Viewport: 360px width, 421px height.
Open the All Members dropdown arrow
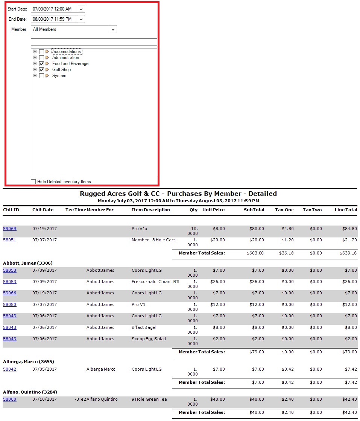coord(113,29)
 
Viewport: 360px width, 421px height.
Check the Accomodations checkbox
coord(42,52)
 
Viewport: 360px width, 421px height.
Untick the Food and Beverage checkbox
coord(42,64)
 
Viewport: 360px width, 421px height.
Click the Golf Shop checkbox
coord(42,70)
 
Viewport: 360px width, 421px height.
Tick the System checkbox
coord(42,76)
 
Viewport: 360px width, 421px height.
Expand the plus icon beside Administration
coord(35,58)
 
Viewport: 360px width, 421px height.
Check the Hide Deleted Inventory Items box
coord(33,182)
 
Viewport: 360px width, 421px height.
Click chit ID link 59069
coord(9,229)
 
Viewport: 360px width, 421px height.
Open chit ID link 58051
coord(9,240)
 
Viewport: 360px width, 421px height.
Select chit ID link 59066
coord(9,293)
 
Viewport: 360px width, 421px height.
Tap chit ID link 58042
coord(9,369)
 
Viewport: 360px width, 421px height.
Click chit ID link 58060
coord(9,399)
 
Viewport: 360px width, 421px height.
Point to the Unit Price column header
coord(213,210)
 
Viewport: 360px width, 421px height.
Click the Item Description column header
coord(150,210)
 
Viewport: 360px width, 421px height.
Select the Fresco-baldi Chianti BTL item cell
coord(156,282)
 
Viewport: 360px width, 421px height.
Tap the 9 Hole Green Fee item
coord(149,399)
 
